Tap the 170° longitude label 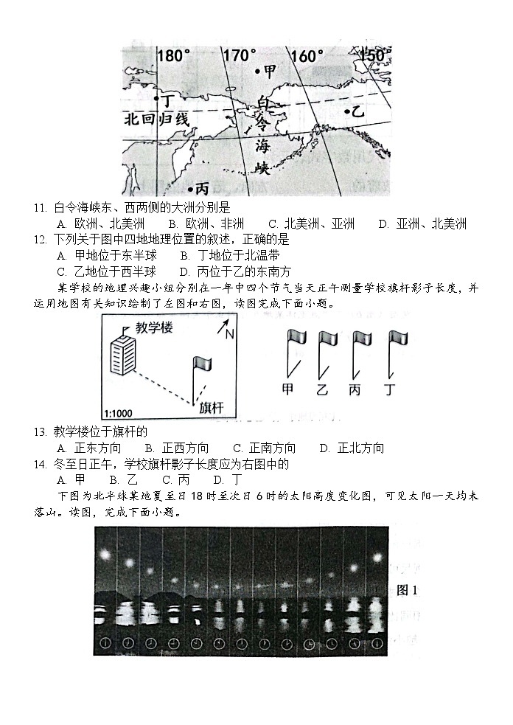[240, 56]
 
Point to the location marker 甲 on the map [265, 72]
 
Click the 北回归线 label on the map [157, 119]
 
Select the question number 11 [41, 209]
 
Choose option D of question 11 [422, 224]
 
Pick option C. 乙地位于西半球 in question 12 [106, 271]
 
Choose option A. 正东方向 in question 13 [88, 448]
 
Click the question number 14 [41, 464]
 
